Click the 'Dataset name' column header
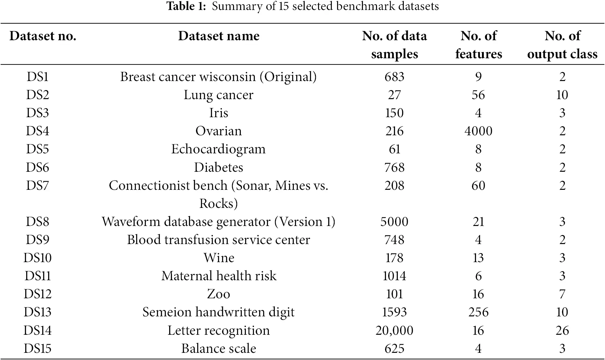(x=219, y=36)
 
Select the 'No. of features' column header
(x=479, y=45)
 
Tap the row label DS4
(x=37, y=131)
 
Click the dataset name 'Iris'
(x=219, y=113)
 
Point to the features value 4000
(x=478, y=131)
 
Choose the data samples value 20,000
(x=394, y=330)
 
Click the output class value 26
(x=562, y=330)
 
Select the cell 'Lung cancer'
(x=219, y=95)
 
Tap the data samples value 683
(x=394, y=77)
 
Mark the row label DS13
(x=37, y=312)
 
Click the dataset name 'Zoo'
(x=219, y=294)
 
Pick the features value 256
(x=478, y=312)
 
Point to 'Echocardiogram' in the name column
(x=219, y=149)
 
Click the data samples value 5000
(x=394, y=222)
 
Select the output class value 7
(x=562, y=294)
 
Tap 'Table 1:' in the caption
(x=186, y=6)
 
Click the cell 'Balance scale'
(x=219, y=348)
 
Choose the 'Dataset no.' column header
(x=43, y=36)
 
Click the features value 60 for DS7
(x=478, y=185)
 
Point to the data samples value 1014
(x=394, y=276)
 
